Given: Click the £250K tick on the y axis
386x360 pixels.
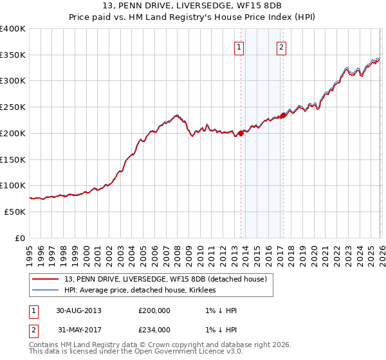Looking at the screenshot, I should click(x=13, y=107).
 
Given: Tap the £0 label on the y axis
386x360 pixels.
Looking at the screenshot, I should click(x=20, y=238).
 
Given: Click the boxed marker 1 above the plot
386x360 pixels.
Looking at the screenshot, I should click(x=239, y=46).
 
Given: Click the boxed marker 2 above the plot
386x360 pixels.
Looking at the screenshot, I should click(x=282, y=46).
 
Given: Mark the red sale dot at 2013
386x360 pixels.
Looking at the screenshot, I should click(x=241, y=134).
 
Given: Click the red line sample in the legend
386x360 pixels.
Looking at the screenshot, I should click(x=46, y=279).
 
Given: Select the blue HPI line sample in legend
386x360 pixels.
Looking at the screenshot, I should click(x=46, y=290).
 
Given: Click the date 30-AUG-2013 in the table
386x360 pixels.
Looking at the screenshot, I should click(x=78, y=310).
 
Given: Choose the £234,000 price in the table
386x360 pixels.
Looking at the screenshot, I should click(x=154, y=330).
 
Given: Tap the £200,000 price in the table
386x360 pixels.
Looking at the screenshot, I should click(x=154, y=310).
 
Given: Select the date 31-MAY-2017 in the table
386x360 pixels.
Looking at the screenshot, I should click(x=78, y=330).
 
